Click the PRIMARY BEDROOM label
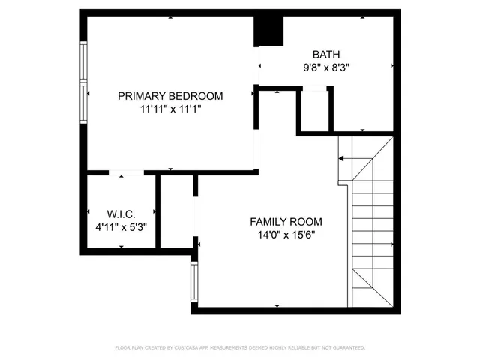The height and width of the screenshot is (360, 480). click(170, 95)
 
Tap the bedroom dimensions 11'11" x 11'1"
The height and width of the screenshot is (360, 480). click(170, 109)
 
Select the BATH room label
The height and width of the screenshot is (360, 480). click(326, 54)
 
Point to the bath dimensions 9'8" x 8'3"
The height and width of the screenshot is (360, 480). click(326, 67)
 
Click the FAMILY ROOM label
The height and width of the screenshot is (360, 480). click(286, 221)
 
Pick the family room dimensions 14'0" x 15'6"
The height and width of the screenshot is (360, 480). click(286, 235)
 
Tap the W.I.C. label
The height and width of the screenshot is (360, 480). click(121, 214)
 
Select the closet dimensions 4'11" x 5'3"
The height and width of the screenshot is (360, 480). click(121, 226)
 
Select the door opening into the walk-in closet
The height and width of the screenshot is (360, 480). click(126, 173)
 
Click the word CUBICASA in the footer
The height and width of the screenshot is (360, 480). click(197, 348)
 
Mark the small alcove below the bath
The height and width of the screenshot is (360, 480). click(314, 110)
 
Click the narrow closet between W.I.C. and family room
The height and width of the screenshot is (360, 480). click(177, 214)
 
